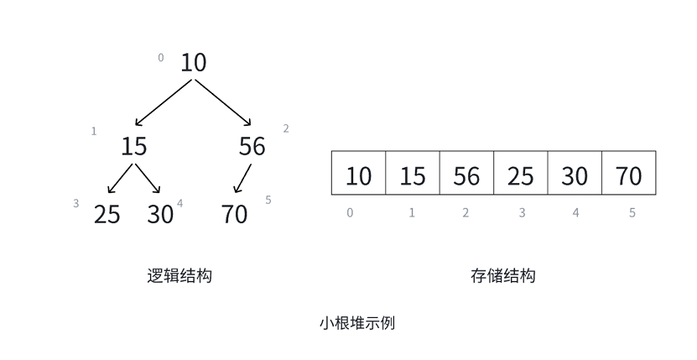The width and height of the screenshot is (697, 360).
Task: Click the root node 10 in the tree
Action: (x=193, y=62)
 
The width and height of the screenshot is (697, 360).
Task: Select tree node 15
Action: (x=133, y=146)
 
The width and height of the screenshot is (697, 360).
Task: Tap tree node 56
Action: (x=252, y=146)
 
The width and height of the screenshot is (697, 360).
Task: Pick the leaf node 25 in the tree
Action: (x=107, y=214)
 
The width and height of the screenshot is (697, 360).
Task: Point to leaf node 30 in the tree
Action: (x=159, y=214)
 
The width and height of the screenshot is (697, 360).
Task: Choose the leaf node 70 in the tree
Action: (x=235, y=214)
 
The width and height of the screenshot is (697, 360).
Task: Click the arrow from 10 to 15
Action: (x=164, y=102)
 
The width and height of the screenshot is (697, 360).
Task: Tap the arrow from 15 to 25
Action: (x=121, y=179)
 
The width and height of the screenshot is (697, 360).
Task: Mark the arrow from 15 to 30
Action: (x=148, y=179)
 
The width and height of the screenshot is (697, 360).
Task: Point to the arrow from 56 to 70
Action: (x=242, y=179)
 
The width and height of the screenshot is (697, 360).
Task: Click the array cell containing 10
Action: (x=358, y=175)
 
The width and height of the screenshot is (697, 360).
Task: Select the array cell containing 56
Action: (x=466, y=175)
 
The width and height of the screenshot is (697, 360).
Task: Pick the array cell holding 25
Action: (x=520, y=175)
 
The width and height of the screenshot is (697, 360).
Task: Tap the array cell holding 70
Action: (x=628, y=175)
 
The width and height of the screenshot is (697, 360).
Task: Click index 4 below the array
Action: (x=575, y=213)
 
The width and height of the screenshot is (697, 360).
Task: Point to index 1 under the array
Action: (x=412, y=213)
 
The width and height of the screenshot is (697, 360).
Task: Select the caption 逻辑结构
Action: (x=179, y=275)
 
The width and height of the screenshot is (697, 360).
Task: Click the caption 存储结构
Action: (x=502, y=275)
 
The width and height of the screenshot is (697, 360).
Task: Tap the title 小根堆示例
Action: (x=356, y=322)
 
